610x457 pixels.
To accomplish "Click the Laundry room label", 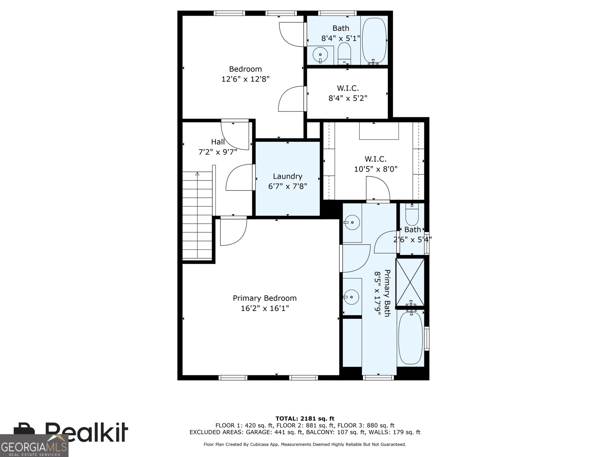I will (287, 176).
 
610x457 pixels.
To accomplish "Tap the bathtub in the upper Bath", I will (374, 40).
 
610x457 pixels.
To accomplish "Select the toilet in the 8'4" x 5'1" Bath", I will (344, 54).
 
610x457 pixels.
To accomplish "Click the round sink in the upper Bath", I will (321, 56).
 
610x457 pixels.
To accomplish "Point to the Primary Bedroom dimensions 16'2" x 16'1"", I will (265, 308).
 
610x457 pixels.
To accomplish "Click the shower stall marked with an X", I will (410, 282).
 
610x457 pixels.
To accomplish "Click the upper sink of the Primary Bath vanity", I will (352, 222).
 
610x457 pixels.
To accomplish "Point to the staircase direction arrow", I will (197, 174).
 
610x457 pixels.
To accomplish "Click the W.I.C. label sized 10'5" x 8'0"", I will (376, 159).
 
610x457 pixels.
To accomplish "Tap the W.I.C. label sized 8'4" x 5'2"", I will (348, 88).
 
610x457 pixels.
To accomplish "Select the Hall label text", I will (218, 142).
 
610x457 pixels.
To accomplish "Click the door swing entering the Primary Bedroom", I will (233, 231).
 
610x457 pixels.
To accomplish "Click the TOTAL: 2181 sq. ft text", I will (305, 419).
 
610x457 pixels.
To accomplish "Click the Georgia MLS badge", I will (34, 446).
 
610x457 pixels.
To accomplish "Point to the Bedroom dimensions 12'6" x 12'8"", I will (245, 79).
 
